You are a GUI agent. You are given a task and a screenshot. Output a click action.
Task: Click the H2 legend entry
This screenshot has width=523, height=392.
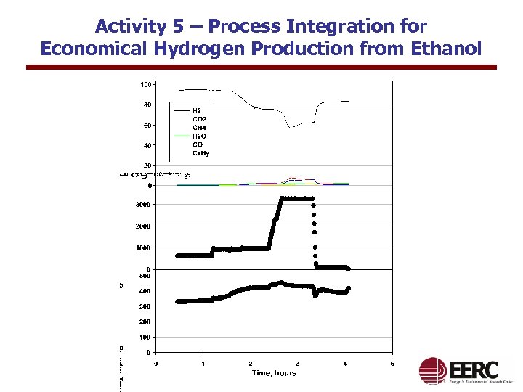tap(196, 111)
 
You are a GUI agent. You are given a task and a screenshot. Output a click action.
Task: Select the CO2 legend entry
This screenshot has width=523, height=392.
tap(198, 119)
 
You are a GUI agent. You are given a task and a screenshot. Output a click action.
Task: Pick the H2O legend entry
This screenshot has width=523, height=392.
tap(198, 136)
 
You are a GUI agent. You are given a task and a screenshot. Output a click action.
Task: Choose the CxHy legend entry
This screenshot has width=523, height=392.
tap(200, 153)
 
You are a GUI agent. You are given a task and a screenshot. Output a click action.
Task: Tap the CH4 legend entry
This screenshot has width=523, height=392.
tap(198, 128)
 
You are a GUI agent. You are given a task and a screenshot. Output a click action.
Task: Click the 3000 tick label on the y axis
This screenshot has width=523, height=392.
tap(143, 205)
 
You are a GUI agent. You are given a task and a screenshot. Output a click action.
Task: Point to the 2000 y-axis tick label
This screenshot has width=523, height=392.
tap(143, 226)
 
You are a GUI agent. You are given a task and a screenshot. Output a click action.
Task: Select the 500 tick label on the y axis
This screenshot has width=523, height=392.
tap(145, 276)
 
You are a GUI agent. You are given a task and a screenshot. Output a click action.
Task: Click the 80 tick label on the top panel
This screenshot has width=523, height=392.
tap(147, 105)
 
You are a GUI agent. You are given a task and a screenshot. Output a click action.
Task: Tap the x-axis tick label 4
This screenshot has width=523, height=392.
tap(345, 363)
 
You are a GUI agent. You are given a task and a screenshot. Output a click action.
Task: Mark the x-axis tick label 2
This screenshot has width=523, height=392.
tap(251, 363)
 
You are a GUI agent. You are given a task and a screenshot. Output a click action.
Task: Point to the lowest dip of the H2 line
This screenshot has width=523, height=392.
tap(289, 127)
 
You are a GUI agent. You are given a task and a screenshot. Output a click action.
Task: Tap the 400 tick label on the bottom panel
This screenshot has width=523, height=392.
tap(145, 291)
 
